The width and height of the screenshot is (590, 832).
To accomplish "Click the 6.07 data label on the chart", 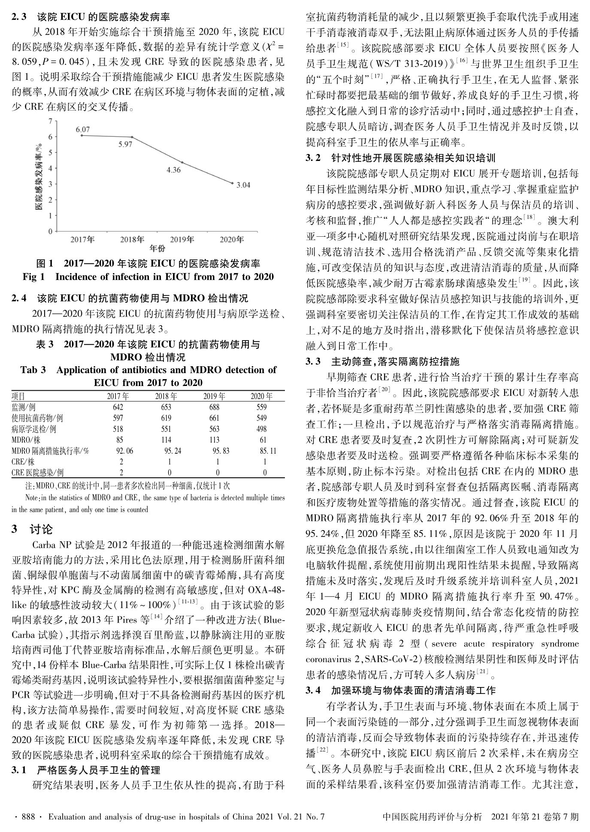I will pyautogui.click(x=83, y=129).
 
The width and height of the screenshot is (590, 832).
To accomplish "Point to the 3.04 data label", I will pyautogui.click(x=243, y=185).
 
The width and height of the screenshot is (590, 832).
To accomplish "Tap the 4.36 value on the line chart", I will pyautogui.click(x=174, y=170).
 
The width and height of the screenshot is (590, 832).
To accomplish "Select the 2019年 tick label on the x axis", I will pyautogui.click(x=182, y=239).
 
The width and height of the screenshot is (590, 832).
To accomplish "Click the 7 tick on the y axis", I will pyautogui.click(x=50, y=121).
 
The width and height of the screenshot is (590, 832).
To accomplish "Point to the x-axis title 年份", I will pyautogui.click(x=157, y=249).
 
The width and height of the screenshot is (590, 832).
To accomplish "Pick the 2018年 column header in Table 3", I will pyautogui.click(x=166, y=396).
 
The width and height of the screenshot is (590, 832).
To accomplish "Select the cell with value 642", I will pyautogui.click(x=118, y=407).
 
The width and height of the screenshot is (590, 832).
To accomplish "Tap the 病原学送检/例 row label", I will pyautogui.click(x=33, y=429).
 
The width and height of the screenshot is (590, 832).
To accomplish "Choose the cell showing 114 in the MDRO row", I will pyautogui.click(x=166, y=440).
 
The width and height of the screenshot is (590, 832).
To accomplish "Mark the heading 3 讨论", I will pyautogui.click(x=32, y=529).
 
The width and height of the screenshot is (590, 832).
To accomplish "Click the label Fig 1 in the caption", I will pyautogui.click(x=33, y=277).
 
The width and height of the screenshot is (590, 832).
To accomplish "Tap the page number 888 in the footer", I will pyautogui.click(x=28, y=817).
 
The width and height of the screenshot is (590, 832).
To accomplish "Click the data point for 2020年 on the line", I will pyautogui.click(x=233, y=183).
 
